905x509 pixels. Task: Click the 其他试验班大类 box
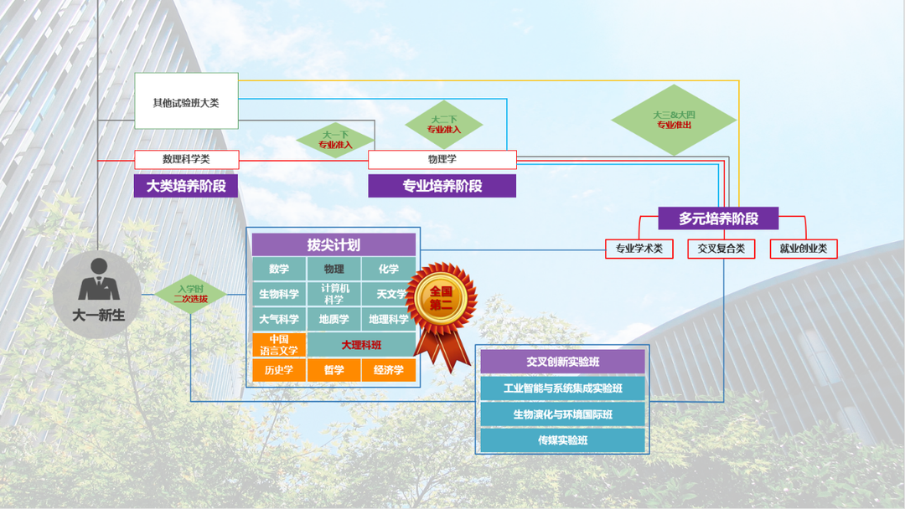pos(186,101)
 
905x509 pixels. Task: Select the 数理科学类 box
pos(186,159)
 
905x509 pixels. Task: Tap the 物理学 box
pos(442,159)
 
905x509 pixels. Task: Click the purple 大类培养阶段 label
pos(186,186)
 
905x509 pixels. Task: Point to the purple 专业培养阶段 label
pos(442,186)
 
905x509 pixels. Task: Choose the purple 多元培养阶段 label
pos(718,219)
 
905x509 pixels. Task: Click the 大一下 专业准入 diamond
pos(335,139)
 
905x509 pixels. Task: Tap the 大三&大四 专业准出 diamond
pos(674,120)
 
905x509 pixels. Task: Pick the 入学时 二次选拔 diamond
pos(190,294)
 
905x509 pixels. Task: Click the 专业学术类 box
pos(639,249)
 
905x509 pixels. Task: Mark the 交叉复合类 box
pos(721,249)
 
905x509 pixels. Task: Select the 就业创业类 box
pos(803,249)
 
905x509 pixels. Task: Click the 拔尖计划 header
pos(334,244)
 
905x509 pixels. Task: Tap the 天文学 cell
pos(389,294)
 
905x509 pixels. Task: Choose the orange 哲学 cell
pos(334,370)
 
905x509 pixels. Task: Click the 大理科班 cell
pos(361,345)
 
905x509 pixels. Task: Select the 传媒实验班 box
pos(562,440)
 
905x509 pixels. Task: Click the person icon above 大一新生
pos(98,280)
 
